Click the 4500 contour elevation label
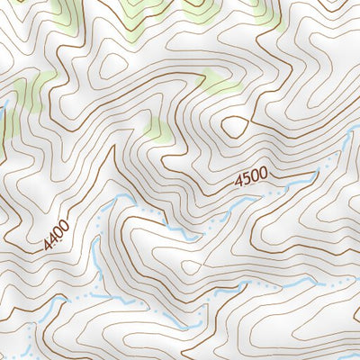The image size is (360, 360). pyautogui.click(x=253, y=179)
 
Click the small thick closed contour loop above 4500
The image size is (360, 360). pyautogui.click(x=235, y=126)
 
